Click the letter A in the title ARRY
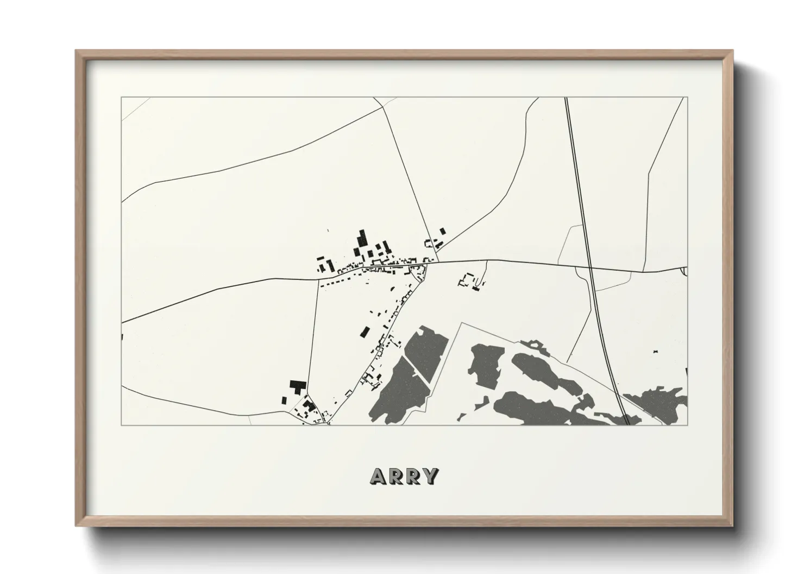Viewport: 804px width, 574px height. click(x=378, y=476)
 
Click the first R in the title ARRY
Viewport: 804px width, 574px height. click(x=395, y=476)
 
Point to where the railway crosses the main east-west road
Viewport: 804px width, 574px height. click(x=591, y=267)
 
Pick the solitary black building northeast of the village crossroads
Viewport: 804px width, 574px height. click(x=442, y=231)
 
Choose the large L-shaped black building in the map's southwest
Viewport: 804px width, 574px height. click(x=296, y=386)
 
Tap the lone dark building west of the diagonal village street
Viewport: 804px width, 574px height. click(x=366, y=331)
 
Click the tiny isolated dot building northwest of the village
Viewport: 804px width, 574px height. click(x=328, y=232)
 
